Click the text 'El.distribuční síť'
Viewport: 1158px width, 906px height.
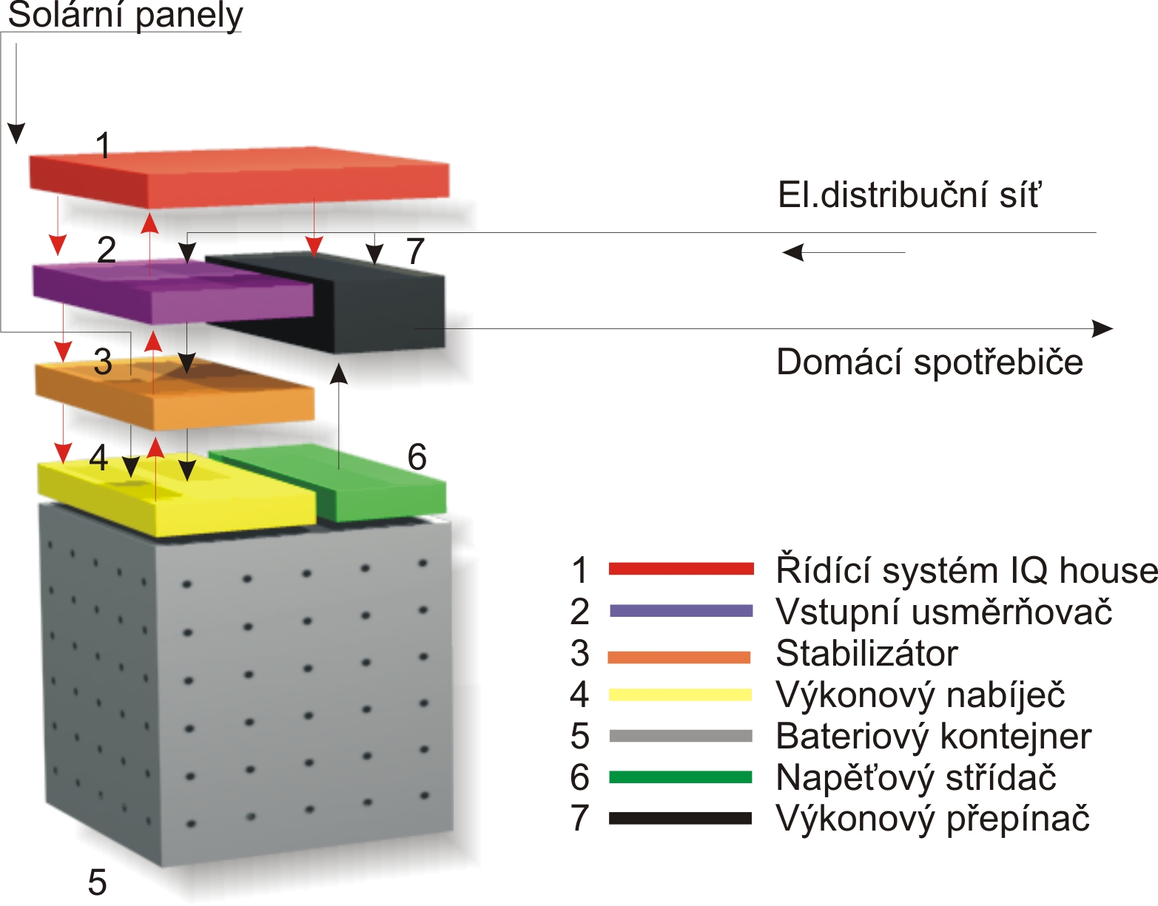click(x=909, y=195)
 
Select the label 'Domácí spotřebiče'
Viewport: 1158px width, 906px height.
click(x=929, y=362)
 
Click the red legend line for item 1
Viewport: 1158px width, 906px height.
click(x=681, y=569)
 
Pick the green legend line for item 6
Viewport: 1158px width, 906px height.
click(x=681, y=777)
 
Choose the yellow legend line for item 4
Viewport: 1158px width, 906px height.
click(x=681, y=694)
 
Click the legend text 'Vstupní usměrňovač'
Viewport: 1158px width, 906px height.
click(x=943, y=612)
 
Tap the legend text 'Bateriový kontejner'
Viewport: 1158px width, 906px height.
click(x=933, y=737)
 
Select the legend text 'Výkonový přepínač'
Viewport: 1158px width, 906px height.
click(x=932, y=819)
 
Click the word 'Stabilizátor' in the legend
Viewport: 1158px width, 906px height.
click(x=866, y=654)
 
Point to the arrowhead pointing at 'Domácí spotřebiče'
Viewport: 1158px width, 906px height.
click(x=1103, y=328)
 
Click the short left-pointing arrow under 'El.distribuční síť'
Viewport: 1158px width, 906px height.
click(x=844, y=253)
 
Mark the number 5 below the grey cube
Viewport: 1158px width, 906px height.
click(x=97, y=882)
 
